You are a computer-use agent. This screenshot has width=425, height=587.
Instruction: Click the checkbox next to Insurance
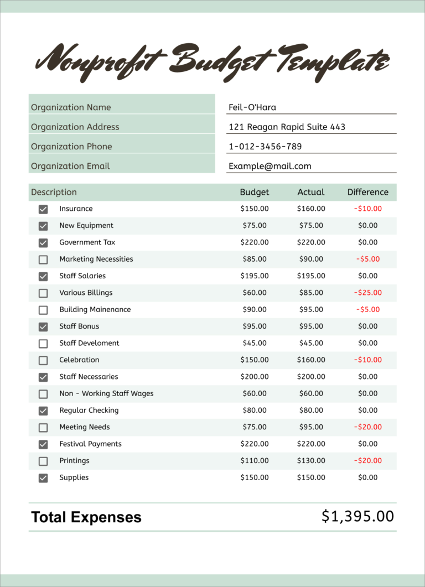pyautogui.click(x=43, y=209)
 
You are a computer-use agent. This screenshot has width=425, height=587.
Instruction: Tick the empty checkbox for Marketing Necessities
pyautogui.click(x=43, y=259)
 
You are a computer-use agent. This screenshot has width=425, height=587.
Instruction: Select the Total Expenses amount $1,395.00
pyautogui.click(x=357, y=516)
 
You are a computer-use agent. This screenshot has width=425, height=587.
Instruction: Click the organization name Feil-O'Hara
pyautogui.click(x=252, y=107)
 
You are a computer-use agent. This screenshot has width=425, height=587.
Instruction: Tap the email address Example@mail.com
pyautogui.click(x=270, y=166)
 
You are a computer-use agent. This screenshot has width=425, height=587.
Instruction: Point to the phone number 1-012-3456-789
pyautogui.click(x=265, y=147)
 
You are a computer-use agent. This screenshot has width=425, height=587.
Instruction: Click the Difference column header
pyautogui.click(x=367, y=192)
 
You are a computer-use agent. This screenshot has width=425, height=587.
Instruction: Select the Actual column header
pyautogui.click(x=310, y=192)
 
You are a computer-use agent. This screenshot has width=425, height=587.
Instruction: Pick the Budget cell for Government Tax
pyautogui.click(x=255, y=242)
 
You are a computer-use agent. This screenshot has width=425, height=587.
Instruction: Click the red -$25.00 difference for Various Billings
pyautogui.click(x=368, y=293)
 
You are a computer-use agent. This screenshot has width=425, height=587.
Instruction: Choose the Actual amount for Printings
pyautogui.click(x=311, y=460)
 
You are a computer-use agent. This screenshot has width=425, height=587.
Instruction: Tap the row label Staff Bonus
pyautogui.click(x=79, y=326)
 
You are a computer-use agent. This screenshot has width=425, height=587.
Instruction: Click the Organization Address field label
pyautogui.click(x=75, y=127)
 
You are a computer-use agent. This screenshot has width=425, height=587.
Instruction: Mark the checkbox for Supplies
pyautogui.click(x=43, y=478)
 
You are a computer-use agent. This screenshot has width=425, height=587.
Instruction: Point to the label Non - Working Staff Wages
pyautogui.click(x=106, y=393)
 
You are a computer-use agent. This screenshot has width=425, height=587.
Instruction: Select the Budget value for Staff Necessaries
pyautogui.click(x=255, y=377)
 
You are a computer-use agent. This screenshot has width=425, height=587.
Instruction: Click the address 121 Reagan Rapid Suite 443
pyautogui.click(x=287, y=127)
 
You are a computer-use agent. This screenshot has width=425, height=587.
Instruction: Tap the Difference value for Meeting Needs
pyautogui.click(x=368, y=427)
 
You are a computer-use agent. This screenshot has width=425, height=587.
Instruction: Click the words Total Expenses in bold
pyautogui.click(x=86, y=517)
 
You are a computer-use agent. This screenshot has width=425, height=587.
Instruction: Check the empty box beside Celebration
pyautogui.click(x=43, y=360)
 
